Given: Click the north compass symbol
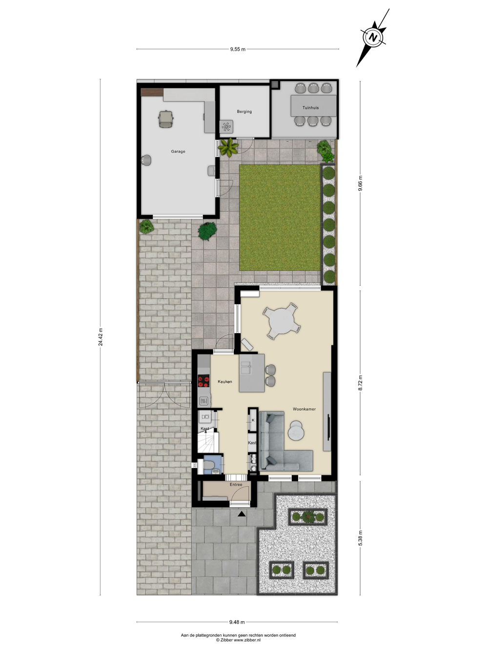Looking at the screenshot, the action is (372, 38).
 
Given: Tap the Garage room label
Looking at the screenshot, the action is (178, 151).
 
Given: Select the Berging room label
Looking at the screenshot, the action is (244, 112).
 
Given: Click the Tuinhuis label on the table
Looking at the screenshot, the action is (310, 108).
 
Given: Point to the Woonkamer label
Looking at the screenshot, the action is (304, 409).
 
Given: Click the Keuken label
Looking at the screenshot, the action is (225, 381).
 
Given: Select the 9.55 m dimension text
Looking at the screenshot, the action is (238, 49).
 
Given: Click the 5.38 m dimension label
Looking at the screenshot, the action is (360, 538).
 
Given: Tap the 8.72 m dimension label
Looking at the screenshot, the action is (360, 383).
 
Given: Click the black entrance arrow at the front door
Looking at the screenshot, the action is (242, 514).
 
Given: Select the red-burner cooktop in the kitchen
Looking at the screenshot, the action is (203, 381).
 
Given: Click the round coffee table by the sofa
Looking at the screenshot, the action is (296, 430).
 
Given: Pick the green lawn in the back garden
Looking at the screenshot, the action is (280, 217).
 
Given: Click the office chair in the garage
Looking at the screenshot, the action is (165, 119).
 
